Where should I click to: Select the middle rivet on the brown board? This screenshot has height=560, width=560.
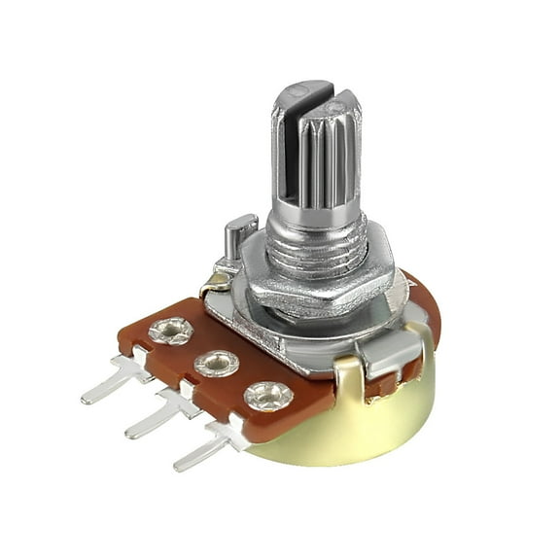click(216, 365)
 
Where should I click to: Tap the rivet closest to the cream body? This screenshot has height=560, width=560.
click(266, 395)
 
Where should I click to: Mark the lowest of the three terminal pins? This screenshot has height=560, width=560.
click(203, 450)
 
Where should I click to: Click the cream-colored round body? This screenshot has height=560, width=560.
click(369, 428)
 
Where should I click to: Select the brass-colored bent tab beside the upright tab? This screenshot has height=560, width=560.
click(214, 284)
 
